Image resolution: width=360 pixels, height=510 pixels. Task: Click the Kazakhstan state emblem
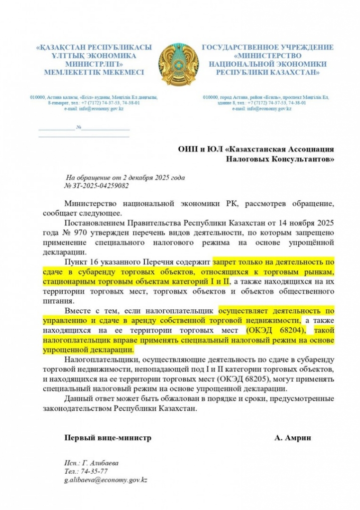(179, 64)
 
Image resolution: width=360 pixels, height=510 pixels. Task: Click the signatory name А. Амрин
(292, 438)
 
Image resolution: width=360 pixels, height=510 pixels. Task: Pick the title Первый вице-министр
(107, 438)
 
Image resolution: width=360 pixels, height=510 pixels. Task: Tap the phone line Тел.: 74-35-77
(86, 471)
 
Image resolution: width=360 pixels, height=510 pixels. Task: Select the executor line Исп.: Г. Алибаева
(91, 462)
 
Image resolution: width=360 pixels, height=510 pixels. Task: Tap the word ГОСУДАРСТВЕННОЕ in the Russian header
(238, 47)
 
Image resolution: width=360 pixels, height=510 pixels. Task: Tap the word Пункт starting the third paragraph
(76, 261)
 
